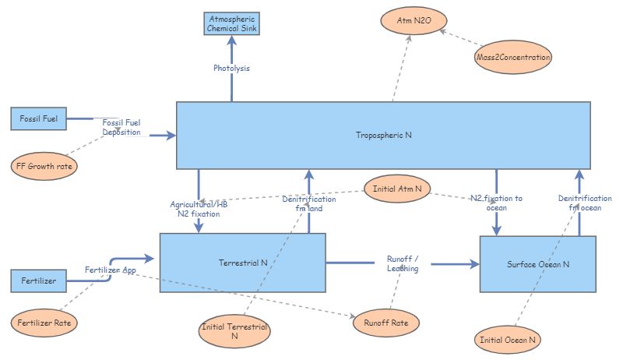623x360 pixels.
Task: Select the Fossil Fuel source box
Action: tap(38, 119)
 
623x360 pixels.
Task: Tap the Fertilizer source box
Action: tap(38, 281)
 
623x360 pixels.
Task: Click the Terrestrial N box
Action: tap(242, 263)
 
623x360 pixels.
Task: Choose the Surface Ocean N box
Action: tap(537, 264)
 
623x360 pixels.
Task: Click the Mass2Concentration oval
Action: tap(513, 57)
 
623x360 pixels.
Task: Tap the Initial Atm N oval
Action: tap(397, 189)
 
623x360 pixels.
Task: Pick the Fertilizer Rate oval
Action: tap(45, 322)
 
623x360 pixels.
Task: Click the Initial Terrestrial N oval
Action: tap(234, 332)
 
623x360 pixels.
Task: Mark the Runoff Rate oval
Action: tap(387, 322)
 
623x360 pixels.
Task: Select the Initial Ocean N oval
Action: tap(507, 340)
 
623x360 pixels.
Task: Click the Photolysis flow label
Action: tap(231, 68)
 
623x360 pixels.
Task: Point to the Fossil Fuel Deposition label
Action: tap(121, 127)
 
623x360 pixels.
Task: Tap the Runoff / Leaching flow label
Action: tap(403, 263)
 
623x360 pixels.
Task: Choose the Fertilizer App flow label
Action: tap(111, 270)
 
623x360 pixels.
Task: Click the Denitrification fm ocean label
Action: tap(579, 203)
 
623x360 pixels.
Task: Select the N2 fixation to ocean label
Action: tap(496, 203)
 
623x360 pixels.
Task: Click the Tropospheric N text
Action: tap(383, 135)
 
